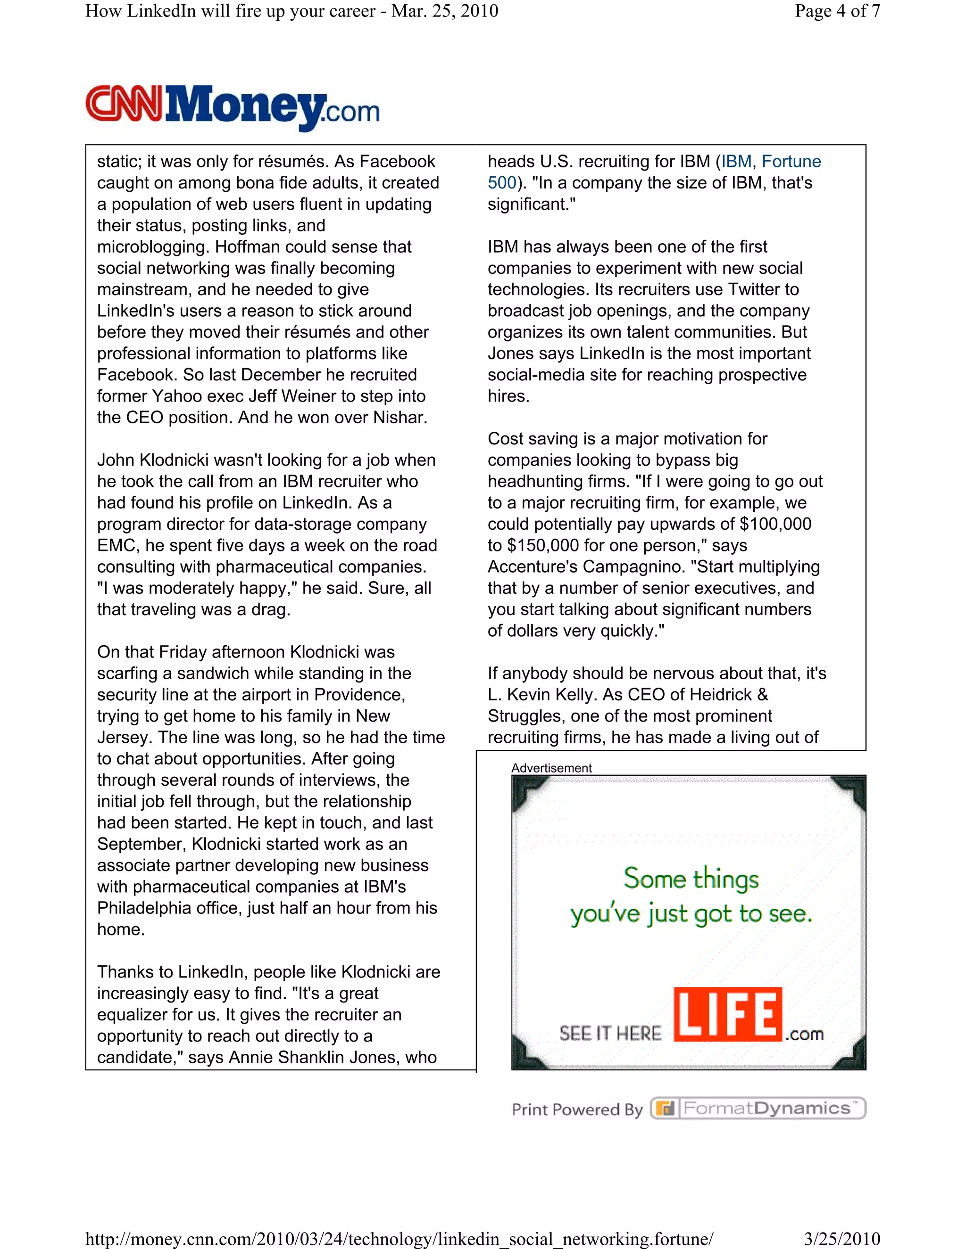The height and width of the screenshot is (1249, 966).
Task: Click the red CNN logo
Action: coord(124,104)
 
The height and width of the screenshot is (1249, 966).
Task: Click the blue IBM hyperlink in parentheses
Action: coord(736,162)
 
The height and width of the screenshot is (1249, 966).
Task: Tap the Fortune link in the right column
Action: coord(791,162)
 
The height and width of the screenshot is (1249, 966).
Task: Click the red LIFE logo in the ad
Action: coord(727,1015)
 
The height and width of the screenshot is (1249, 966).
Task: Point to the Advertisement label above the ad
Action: coord(551,768)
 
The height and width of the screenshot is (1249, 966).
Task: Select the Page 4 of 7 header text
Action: coord(837,11)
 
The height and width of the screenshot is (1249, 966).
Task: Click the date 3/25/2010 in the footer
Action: coord(841,1239)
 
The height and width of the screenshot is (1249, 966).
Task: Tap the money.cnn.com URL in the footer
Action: coord(399,1239)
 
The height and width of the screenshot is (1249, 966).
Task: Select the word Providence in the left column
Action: coord(359,695)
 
